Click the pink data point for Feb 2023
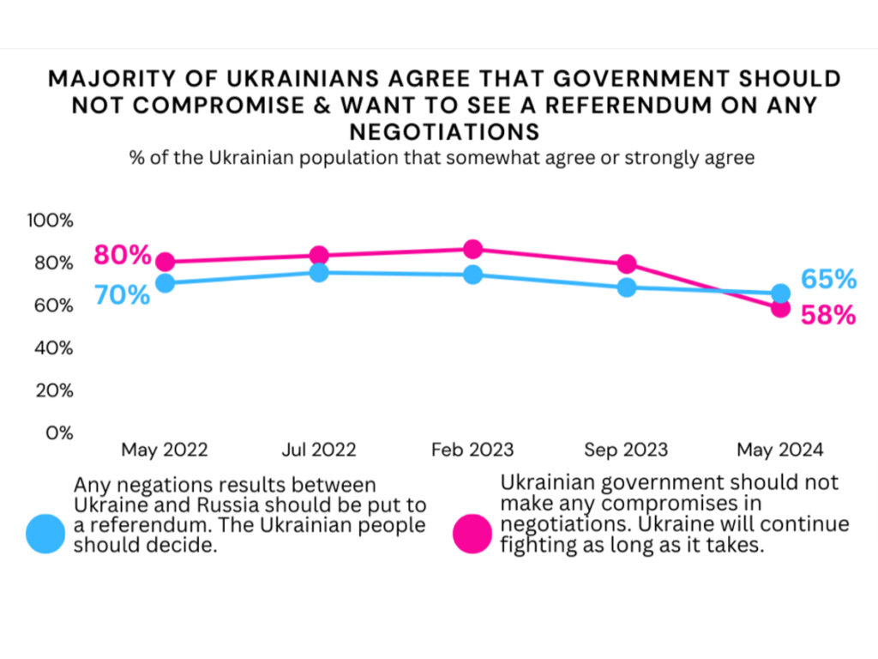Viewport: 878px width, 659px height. click(472, 250)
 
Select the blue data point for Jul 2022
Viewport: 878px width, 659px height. click(319, 273)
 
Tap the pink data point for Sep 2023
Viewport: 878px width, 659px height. click(627, 264)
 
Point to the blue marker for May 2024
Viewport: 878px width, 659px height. click(780, 293)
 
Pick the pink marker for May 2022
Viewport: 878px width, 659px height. click(165, 263)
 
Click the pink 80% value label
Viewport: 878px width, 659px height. click(123, 255)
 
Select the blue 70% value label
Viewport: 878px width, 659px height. click(123, 294)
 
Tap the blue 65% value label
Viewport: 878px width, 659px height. click(828, 280)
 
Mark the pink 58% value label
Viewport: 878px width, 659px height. click(828, 316)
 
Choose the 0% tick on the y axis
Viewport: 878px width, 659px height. click(59, 433)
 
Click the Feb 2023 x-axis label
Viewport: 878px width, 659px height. click(472, 450)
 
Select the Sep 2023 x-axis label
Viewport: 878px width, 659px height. click(626, 450)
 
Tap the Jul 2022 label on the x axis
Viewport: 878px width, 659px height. click(319, 450)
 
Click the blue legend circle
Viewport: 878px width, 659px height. click(45, 533)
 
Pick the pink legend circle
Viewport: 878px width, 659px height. click(472, 533)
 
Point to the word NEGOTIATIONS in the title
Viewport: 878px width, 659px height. click(443, 131)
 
